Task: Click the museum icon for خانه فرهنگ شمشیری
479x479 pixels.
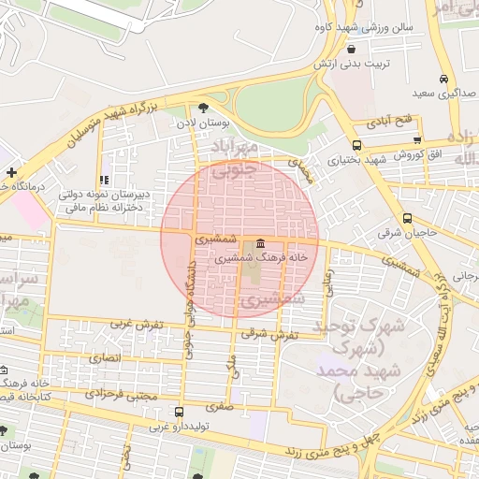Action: (259, 244)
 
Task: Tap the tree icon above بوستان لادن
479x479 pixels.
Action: (204, 108)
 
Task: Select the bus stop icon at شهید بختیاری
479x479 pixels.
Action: (356, 145)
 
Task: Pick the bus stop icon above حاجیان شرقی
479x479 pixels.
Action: (406, 217)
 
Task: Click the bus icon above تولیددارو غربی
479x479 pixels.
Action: (179, 412)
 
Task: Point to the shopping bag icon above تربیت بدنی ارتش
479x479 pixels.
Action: (351, 49)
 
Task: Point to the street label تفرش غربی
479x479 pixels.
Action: (138, 325)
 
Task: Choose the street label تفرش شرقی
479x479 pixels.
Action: (276, 334)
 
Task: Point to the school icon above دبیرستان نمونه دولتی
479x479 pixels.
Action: (105, 180)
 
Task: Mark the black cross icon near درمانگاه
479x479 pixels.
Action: (10, 173)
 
